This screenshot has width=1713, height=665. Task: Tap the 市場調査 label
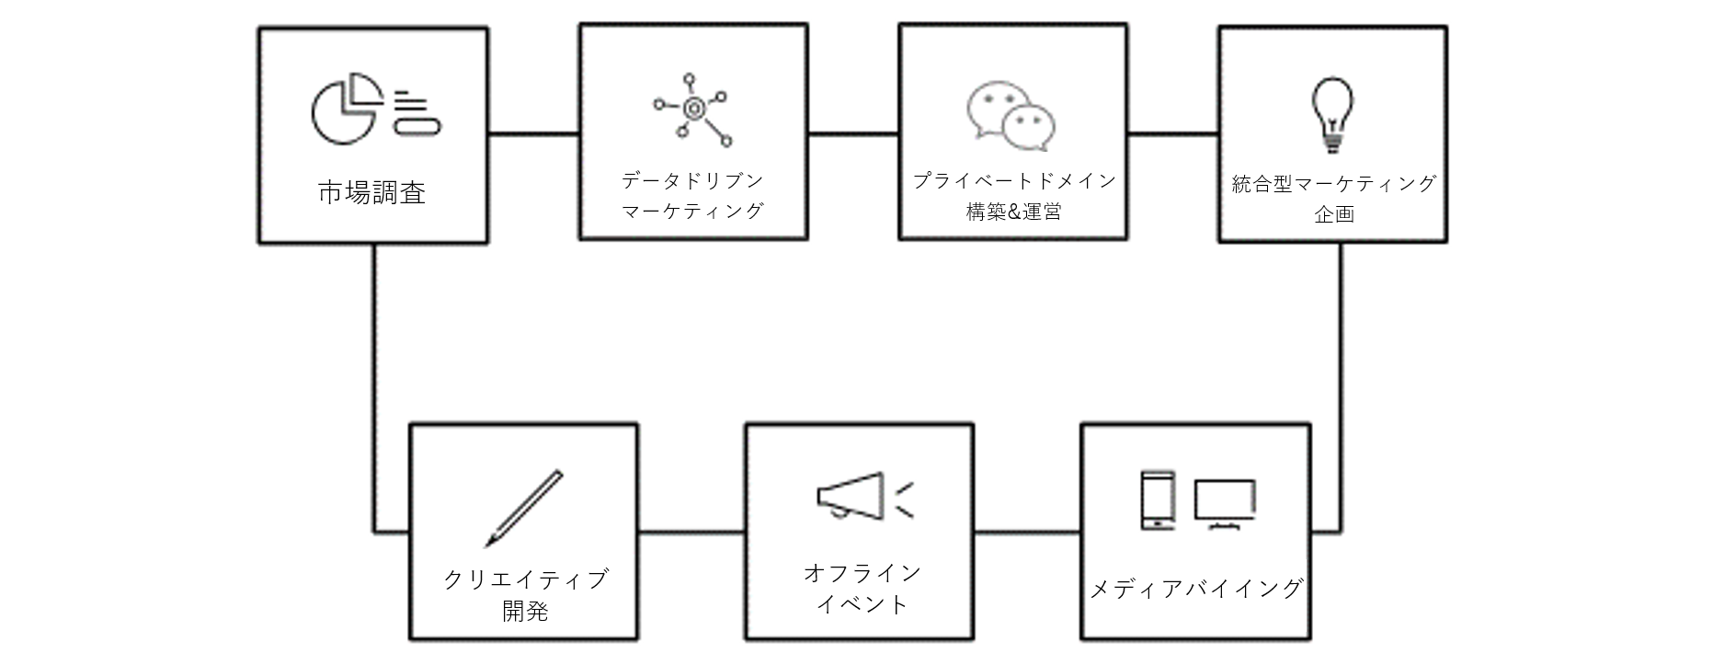click(x=371, y=193)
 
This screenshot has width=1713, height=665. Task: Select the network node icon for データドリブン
click(x=692, y=109)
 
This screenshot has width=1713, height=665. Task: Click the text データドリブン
click(x=692, y=180)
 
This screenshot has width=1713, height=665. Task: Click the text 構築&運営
click(x=1013, y=212)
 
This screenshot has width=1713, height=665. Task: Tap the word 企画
click(x=1333, y=214)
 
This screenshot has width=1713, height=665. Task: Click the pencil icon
click(x=523, y=509)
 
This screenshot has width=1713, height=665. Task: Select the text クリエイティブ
click(x=525, y=579)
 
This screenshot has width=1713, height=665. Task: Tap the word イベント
click(x=862, y=604)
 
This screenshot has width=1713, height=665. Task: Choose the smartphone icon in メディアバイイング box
click(x=1157, y=500)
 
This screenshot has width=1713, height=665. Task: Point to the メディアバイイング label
click(x=1195, y=589)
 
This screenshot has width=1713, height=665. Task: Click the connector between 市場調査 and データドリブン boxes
click(x=533, y=134)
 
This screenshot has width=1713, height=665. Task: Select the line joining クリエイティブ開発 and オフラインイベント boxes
click(x=691, y=532)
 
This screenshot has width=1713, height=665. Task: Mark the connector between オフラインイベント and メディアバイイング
click(x=1027, y=532)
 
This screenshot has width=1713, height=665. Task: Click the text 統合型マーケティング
click(x=1333, y=184)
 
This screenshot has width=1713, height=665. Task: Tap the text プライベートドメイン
click(x=1013, y=180)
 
